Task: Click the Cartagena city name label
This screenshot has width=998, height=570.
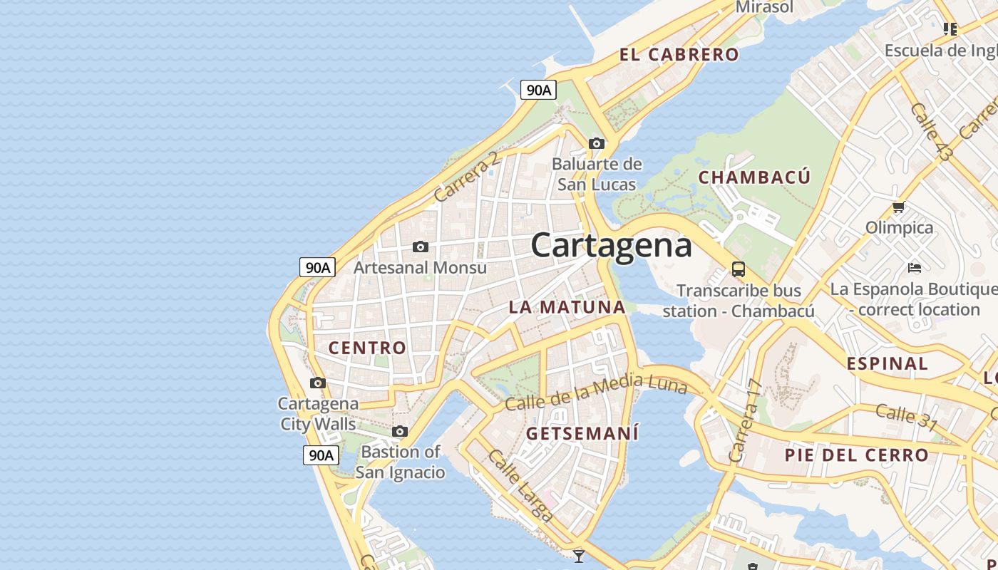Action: tap(611, 246)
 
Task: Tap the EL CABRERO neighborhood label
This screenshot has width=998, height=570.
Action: tap(679, 55)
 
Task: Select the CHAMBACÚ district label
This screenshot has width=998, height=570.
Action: tap(754, 177)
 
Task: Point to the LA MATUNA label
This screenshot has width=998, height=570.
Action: tap(567, 307)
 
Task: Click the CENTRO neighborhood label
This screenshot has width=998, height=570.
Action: tap(367, 348)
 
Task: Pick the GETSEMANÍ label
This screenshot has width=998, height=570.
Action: tap(582, 433)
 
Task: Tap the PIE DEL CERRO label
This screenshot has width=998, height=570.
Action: tap(856, 455)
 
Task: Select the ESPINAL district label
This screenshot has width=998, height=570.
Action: tap(887, 363)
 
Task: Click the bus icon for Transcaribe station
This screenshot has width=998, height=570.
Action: tap(739, 269)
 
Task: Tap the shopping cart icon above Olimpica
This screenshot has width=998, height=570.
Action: tap(898, 207)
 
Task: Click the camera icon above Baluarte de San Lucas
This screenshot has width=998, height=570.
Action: tap(597, 143)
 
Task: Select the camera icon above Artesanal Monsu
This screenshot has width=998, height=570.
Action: tap(421, 247)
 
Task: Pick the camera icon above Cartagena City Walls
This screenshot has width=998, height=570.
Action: tap(318, 383)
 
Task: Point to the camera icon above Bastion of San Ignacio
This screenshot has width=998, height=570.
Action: tap(400, 431)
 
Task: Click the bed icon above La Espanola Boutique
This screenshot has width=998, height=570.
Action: tap(915, 268)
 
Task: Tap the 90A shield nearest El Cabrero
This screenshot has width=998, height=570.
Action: tap(538, 90)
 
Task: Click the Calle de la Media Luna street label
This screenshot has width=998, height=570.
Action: tap(595, 393)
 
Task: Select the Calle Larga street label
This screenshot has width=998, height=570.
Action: tap(520, 484)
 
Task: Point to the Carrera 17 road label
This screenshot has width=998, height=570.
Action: tap(746, 420)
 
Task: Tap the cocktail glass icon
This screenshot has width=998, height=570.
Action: tap(579, 556)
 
